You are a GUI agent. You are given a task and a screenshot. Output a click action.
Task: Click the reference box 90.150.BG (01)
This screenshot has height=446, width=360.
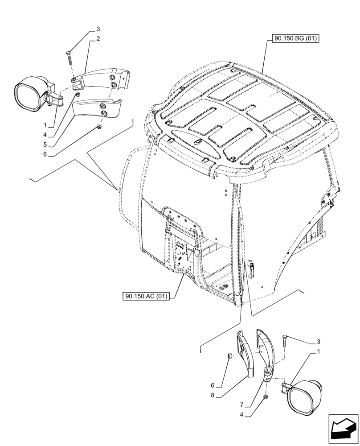[x=293, y=39]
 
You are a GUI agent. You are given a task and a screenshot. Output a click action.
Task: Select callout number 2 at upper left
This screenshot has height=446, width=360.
[x=98, y=39]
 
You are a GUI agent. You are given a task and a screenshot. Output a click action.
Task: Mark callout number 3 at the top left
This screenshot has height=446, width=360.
[x=98, y=29]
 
